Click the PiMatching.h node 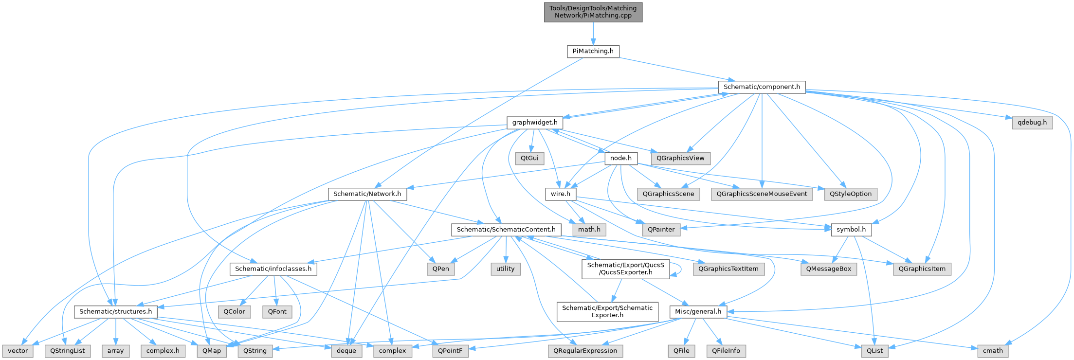point(593,51)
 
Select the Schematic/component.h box point(762,87)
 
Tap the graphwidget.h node point(534,123)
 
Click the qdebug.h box point(1032,123)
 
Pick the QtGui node point(529,158)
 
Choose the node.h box point(620,158)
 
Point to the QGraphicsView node point(680,158)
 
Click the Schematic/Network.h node point(367,194)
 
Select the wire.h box point(561,194)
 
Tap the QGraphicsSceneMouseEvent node point(762,194)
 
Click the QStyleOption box point(851,194)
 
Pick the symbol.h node point(851,229)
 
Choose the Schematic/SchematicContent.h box point(506,229)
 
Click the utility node point(506,269)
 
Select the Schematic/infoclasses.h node point(273,269)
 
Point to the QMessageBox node point(829,269)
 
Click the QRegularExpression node point(585,350)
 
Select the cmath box point(993,350)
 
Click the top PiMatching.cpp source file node point(593,12)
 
